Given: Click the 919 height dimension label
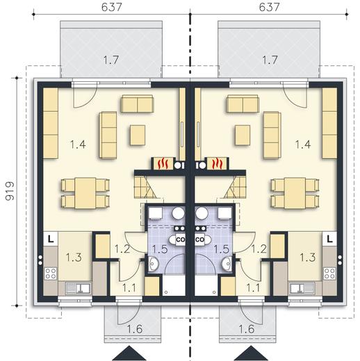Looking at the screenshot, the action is [10, 192].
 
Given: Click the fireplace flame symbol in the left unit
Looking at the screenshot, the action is [163, 163].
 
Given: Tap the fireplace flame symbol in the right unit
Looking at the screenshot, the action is [218, 163].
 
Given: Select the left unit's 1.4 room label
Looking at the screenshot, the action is [78, 144].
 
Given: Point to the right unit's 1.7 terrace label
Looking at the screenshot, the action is [270, 60].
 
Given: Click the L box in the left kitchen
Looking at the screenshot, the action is [51, 239].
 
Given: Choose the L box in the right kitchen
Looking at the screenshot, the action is [330, 239].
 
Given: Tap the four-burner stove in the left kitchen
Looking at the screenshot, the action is [51, 273].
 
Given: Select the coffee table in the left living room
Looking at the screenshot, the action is [138, 135].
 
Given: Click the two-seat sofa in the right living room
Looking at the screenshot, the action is [243, 103].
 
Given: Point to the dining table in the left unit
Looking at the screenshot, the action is [85, 193].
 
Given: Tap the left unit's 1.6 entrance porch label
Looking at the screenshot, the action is [135, 329].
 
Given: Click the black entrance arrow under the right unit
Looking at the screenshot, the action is [251, 353].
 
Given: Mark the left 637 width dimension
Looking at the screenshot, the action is [112, 7].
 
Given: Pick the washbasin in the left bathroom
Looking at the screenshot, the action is [152, 263].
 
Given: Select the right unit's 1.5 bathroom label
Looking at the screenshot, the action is [221, 249].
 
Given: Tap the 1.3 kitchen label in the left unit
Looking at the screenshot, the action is [74, 257].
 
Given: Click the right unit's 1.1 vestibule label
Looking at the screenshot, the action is [253, 288].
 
